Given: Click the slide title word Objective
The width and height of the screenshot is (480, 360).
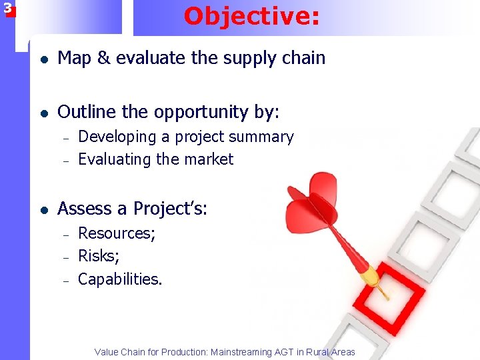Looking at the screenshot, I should click(x=251, y=16).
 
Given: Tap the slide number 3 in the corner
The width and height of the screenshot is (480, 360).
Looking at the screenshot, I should click(x=7, y=9).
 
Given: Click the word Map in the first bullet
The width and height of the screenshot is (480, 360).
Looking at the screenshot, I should click(x=75, y=59).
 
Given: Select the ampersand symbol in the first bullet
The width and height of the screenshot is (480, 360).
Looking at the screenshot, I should click(x=103, y=59).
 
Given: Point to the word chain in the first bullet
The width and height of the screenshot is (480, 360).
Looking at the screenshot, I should click(x=304, y=59).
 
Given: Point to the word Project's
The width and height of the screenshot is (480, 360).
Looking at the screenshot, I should click(x=170, y=209).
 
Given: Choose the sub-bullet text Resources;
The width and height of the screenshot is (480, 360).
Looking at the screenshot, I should click(x=117, y=234).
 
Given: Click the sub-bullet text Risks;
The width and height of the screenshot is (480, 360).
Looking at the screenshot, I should click(x=98, y=256).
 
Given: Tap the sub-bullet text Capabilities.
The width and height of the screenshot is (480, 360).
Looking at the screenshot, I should click(x=120, y=279).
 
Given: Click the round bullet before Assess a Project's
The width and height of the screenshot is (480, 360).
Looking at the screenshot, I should click(x=43, y=209).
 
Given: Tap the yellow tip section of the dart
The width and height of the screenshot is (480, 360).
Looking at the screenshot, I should click(x=369, y=273).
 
